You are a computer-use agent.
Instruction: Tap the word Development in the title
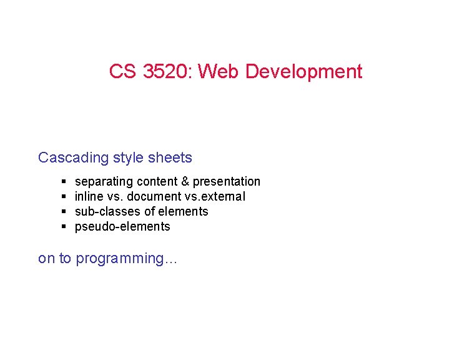pyautogui.click(x=303, y=72)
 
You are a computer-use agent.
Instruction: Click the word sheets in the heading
pyautogui.click(x=170, y=157)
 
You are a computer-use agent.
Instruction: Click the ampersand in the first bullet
pyautogui.click(x=185, y=182)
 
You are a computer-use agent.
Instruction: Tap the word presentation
pyautogui.click(x=226, y=182)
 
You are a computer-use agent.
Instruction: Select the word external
pyautogui.click(x=222, y=197)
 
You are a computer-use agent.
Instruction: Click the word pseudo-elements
pyautogui.click(x=122, y=227)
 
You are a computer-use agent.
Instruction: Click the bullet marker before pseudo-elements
pyautogui.click(x=65, y=227)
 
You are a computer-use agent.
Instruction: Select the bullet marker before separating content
pyautogui.click(x=65, y=182)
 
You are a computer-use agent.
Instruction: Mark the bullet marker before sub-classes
pyautogui.click(x=65, y=212)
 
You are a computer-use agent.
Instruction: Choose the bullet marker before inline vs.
pyautogui.click(x=65, y=197)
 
